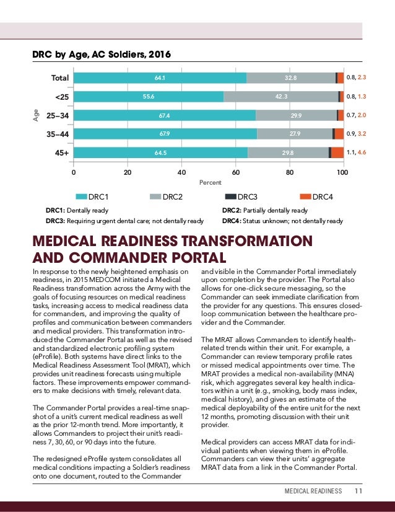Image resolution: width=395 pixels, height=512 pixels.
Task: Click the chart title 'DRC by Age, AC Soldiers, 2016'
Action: click(x=102, y=54)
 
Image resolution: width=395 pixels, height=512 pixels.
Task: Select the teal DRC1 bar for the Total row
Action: click(x=159, y=78)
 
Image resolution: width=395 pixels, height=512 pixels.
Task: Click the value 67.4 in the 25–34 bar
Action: click(x=165, y=115)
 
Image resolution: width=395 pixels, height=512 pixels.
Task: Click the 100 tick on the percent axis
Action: click(x=342, y=173)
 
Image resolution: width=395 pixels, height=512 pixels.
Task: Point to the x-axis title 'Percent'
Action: click(x=209, y=183)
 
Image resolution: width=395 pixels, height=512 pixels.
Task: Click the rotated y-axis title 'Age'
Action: click(x=36, y=115)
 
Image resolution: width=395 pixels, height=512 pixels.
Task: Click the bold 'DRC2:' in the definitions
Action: click(x=233, y=211)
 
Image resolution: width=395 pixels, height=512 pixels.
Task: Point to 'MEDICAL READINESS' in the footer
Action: click(x=313, y=491)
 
